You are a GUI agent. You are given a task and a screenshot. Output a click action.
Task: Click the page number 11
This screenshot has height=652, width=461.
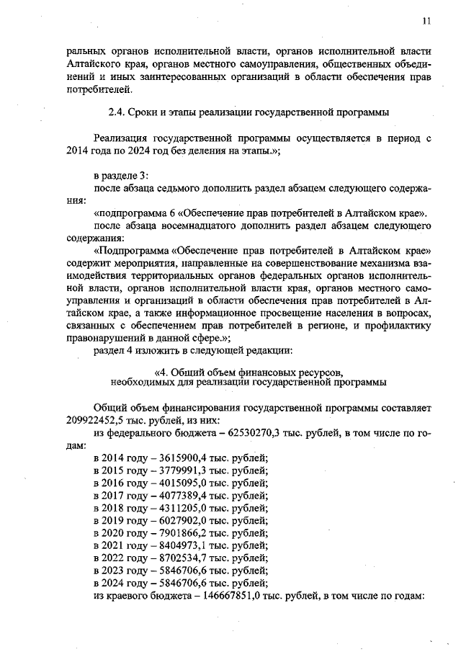[426, 21]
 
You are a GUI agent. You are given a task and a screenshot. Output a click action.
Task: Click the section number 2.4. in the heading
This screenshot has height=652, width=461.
[117, 112]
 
